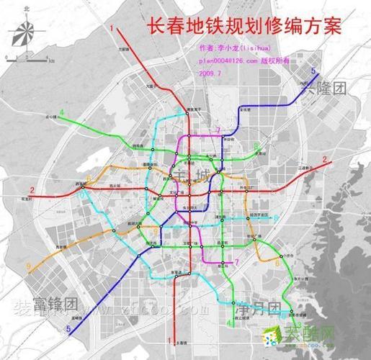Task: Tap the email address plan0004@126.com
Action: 230,62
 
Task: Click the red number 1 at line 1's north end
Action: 113,27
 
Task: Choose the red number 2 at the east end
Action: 325,159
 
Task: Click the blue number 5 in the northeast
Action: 313,70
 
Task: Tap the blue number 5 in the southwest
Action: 68,330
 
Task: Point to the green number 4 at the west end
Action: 63,112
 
